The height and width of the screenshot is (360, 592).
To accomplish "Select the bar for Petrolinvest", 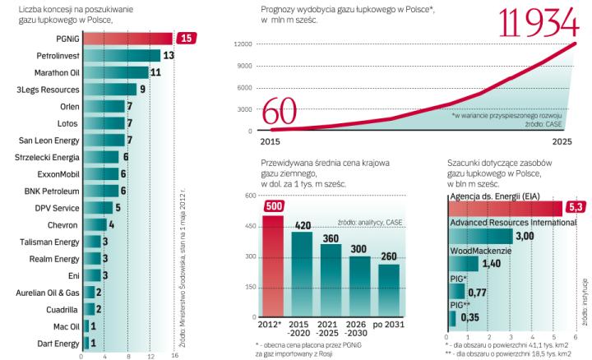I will point(120,55).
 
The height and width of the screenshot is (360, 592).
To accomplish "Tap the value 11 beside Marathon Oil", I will point(154,72).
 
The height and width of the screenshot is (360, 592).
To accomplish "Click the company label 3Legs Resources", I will point(54,90).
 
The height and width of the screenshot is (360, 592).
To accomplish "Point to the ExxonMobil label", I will point(58,174).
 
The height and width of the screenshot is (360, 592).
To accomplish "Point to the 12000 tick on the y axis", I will point(241,44).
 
